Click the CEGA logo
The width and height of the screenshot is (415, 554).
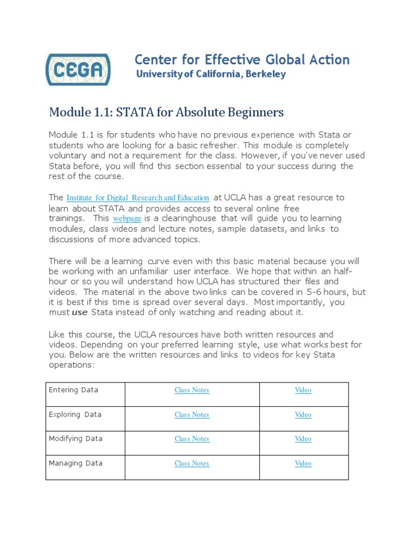point(78,69)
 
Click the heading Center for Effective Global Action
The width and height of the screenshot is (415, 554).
point(242,60)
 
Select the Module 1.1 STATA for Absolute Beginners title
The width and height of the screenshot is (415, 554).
point(166,113)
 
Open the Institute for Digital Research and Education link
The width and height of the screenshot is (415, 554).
point(138,198)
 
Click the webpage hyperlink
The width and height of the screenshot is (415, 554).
point(127,219)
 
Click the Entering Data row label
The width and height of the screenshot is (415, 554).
point(73,390)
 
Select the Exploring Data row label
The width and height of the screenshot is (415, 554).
point(75,414)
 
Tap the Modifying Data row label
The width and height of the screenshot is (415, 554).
point(76,439)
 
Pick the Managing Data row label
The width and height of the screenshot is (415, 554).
point(76,463)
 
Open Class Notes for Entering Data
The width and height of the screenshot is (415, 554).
point(192,390)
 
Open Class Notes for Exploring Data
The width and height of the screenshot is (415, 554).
point(192,415)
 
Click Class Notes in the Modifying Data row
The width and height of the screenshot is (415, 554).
point(192,439)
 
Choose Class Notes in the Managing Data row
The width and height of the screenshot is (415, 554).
point(192,464)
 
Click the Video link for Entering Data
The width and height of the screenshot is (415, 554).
point(303,390)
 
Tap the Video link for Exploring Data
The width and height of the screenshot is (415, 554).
point(303,415)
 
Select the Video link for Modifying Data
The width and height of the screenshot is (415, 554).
point(303,439)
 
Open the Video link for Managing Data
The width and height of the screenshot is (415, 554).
point(303,464)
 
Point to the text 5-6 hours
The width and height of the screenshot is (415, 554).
point(330,292)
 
